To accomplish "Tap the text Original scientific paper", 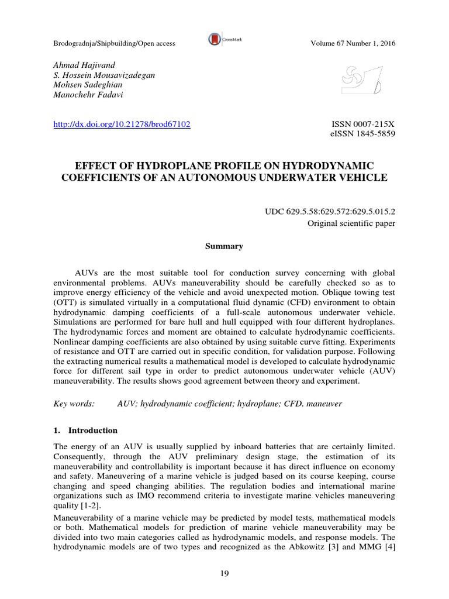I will coord(351,223).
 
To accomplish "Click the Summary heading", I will coord(224,246).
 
